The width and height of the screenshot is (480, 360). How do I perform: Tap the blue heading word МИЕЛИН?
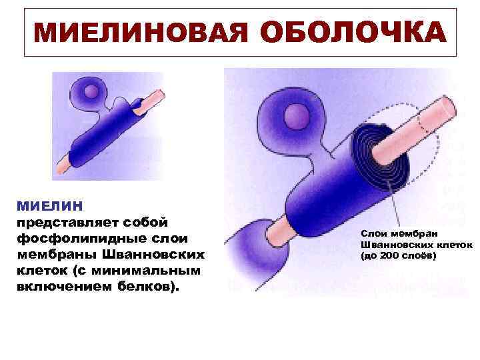[x=49, y=205]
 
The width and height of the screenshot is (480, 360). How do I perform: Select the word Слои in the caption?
[x=374, y=233]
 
